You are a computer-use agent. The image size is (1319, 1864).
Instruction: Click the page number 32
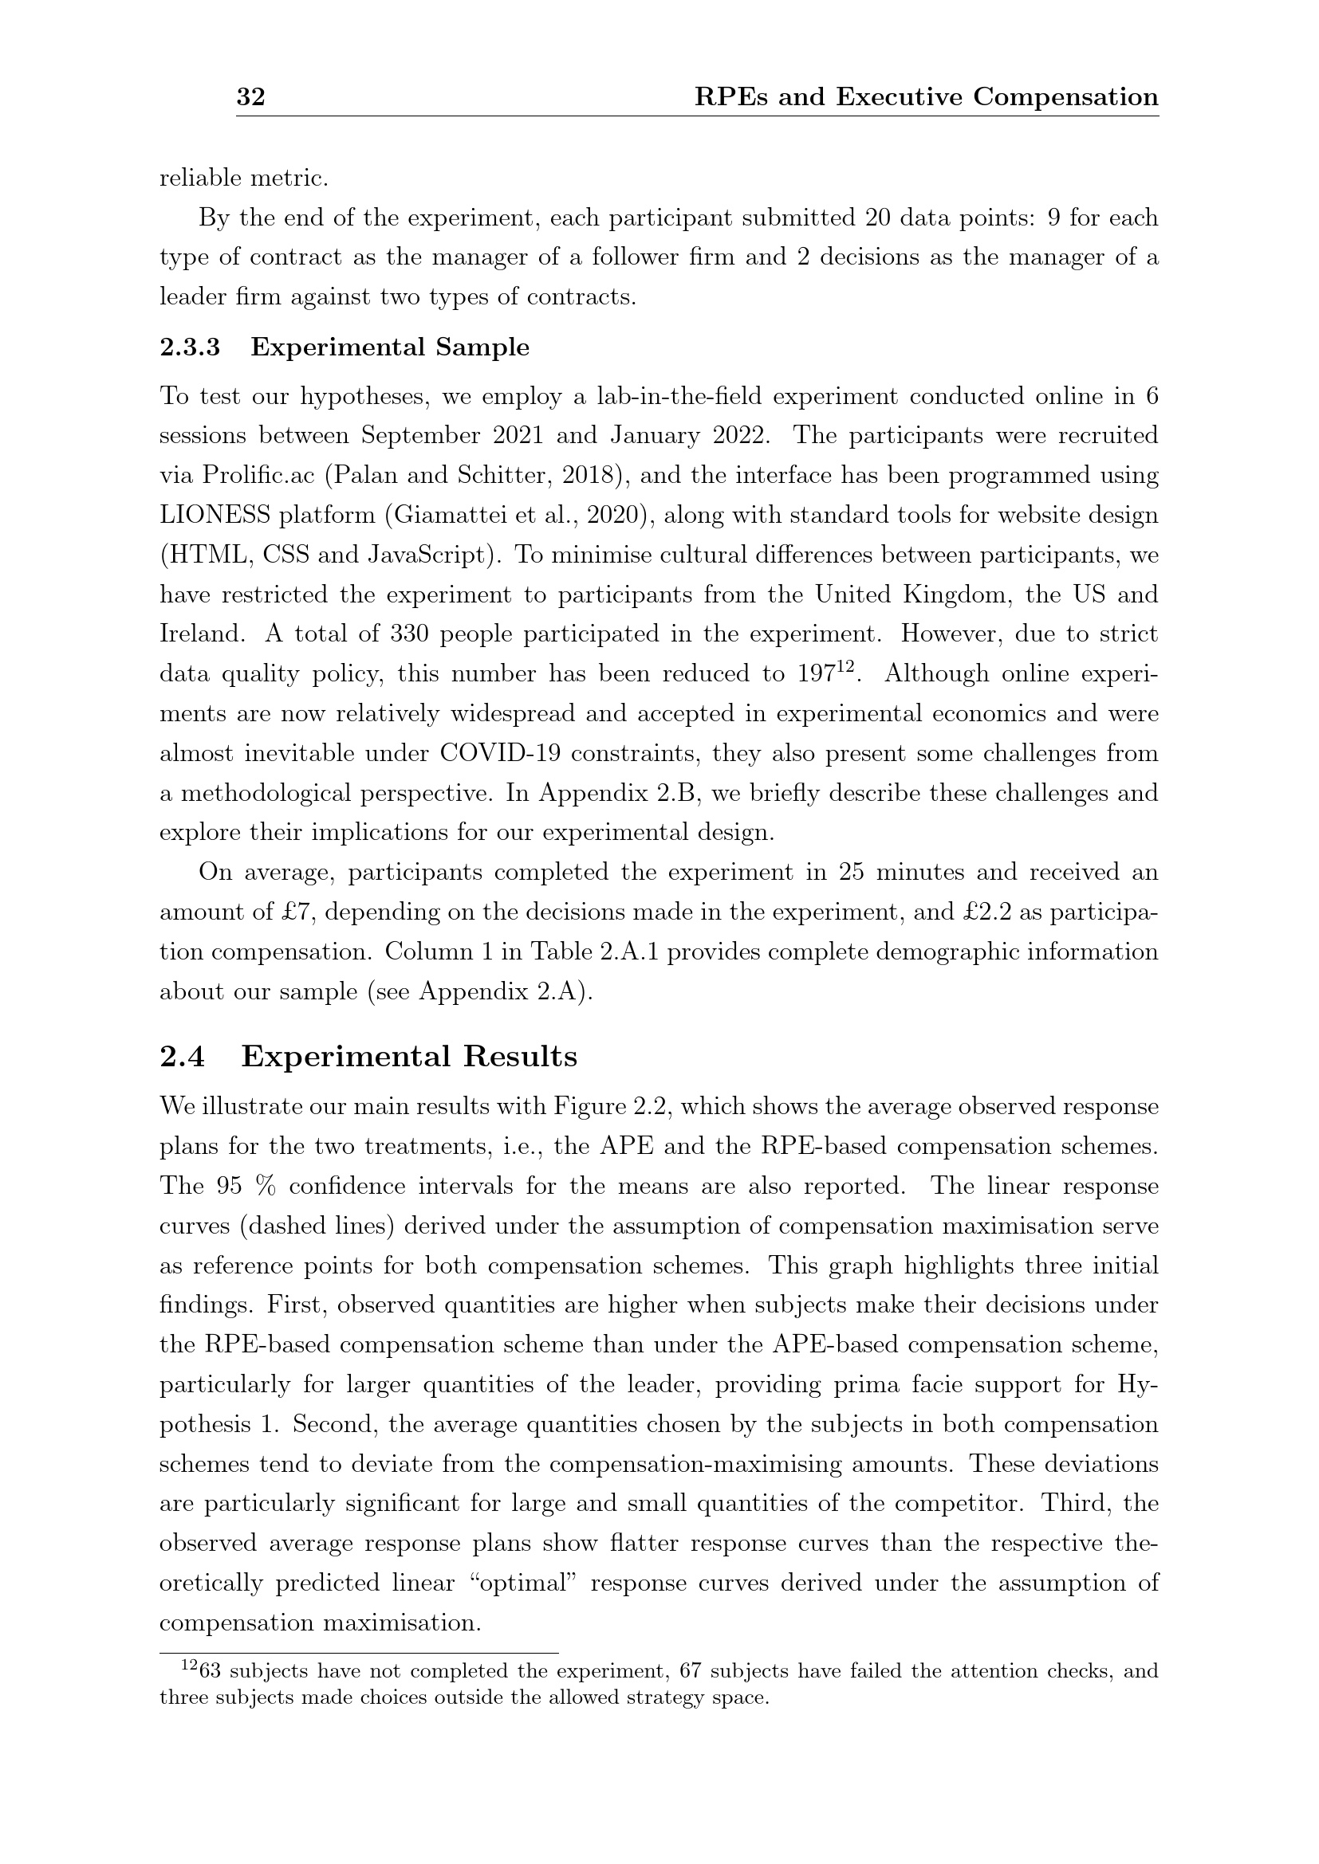pyautogui.click(x=250, y=97)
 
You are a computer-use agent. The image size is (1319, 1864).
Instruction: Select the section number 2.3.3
pyautogui.click(x=189, y=347)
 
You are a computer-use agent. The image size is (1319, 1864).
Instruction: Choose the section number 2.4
pyautogui.click(x=182, y=1057)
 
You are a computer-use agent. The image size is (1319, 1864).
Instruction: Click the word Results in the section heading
pyautogui.click(x=520, y=1057)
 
